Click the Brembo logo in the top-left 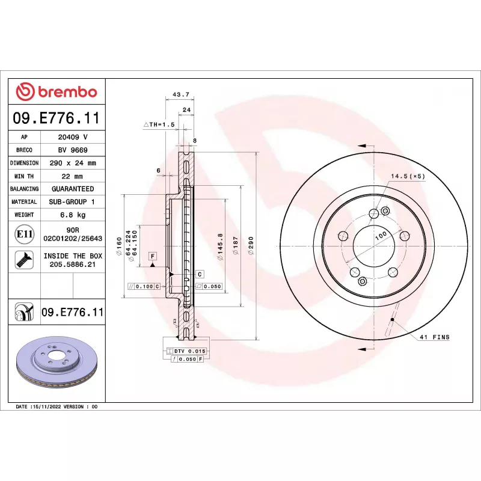[x=57, y=91]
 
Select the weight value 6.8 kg [x=73, y=215]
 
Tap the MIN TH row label [x=24, y=176]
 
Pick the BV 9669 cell [x=73, y=150]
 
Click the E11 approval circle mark [x=25, y=234]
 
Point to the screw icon [x=24, y=260]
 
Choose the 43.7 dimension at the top [x=181, y=94]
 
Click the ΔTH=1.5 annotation [x=159, y=124]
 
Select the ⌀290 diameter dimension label [x=251, y=245]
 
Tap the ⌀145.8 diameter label [x=220, y=247]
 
